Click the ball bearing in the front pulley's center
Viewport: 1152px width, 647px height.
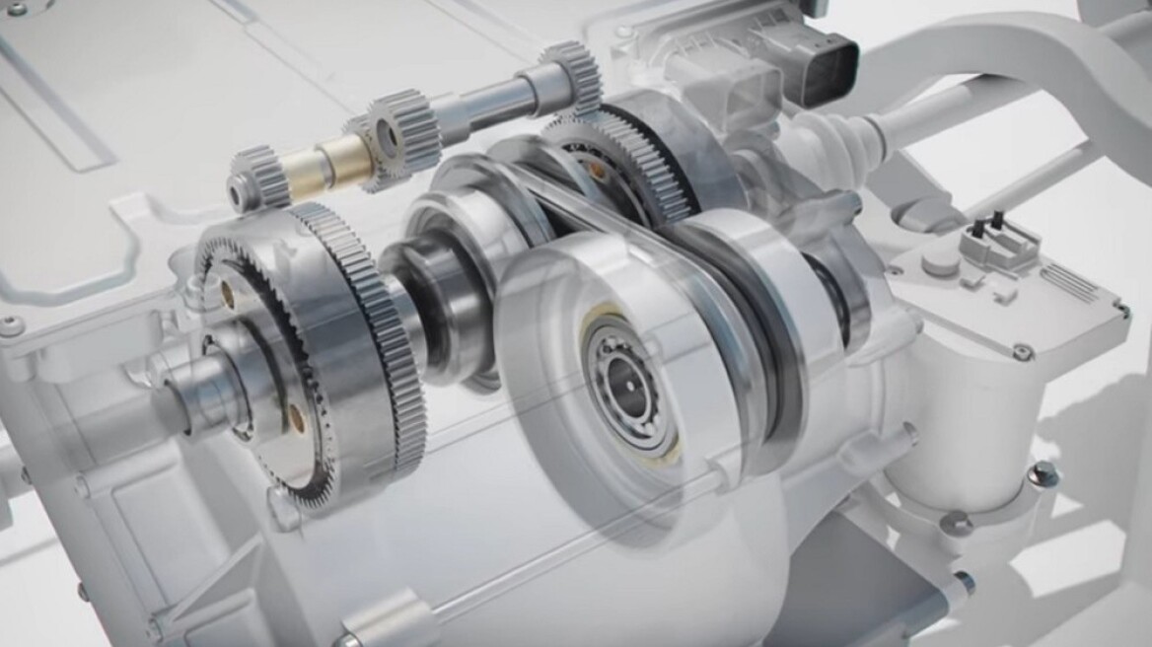tap(623, 376)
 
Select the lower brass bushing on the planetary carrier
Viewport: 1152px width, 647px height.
tap(295, 412)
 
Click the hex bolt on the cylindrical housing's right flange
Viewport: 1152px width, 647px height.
tap(1040, 475)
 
